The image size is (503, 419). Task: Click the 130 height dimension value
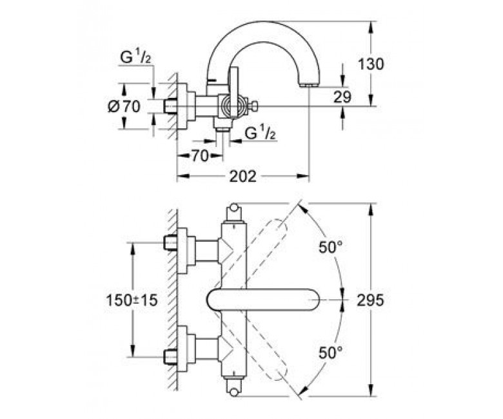[x=371, y=64]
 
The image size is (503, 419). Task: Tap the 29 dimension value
[x=342, y=97]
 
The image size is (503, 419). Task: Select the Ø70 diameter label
[x=124, y=106]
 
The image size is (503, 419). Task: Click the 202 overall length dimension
[x=242, y=176]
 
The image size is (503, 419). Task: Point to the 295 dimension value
[x=370, y=300]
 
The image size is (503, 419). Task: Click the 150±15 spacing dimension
[x=132, y=300]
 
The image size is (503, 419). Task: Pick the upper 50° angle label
[x=330, y=247]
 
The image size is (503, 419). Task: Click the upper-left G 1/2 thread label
[x=135, y=58]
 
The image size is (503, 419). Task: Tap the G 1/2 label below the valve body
[x=260, y=133]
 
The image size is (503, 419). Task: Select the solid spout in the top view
[x=264, y=300]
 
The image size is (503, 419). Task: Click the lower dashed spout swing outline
[x=253, y=350]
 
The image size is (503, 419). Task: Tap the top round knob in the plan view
[x=234, y=208]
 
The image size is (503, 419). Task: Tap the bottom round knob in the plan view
[x=234, y=393]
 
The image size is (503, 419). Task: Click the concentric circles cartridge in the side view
[x=230, y=106]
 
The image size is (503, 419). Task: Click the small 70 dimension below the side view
[x=199, y=156]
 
